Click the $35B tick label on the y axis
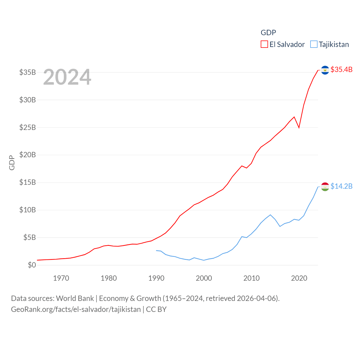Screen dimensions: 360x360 pos(28,72)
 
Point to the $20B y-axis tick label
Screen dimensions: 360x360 pos(28,155)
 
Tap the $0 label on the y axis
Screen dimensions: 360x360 pos(32,265)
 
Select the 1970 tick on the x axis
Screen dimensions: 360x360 pos(61,278)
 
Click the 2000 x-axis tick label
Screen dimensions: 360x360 pos(204,278)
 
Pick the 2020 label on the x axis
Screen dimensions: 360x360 pos(299,278)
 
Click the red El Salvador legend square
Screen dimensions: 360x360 pos(264,44)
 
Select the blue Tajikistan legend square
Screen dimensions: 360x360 pos(314,44)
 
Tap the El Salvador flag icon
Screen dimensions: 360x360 pos(325,70)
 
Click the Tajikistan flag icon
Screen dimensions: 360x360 pos(325,187)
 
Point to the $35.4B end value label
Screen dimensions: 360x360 pos(341,69)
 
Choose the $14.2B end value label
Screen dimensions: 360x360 pos(341,186)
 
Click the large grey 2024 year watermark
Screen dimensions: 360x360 pos(67,77)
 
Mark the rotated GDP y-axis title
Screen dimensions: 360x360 pos(12,163)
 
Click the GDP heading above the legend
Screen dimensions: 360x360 pos(268,33)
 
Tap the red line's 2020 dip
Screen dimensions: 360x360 pos(299,127)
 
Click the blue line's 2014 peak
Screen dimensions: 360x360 pos(270,215)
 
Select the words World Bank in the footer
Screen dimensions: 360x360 pos(75,298)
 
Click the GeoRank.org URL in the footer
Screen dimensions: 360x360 pos(76,309)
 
